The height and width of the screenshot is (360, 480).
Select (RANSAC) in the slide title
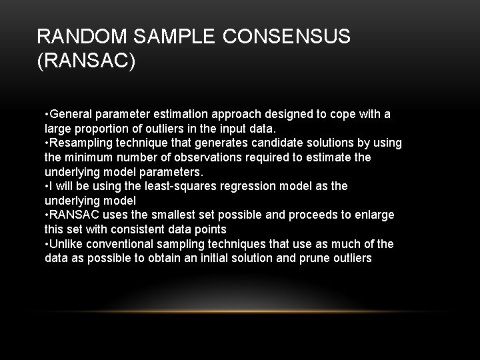click(87, 61)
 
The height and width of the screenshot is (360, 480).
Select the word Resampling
click(77, 143)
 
